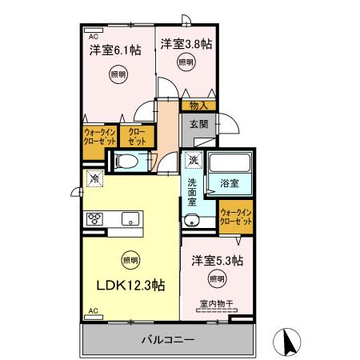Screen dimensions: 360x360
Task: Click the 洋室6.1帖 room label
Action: pos(115,50)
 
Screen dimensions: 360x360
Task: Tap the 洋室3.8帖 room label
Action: pos(186,44)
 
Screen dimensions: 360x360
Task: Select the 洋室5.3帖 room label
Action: pos(217,261)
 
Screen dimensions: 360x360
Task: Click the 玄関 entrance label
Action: pos(199,124)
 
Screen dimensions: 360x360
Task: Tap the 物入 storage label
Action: pos(199,105)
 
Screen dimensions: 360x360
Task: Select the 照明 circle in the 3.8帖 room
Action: pos(185,62)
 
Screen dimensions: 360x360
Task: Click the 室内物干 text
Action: pos(217,304)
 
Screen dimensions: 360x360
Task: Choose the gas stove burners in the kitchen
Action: pos(94,218)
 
